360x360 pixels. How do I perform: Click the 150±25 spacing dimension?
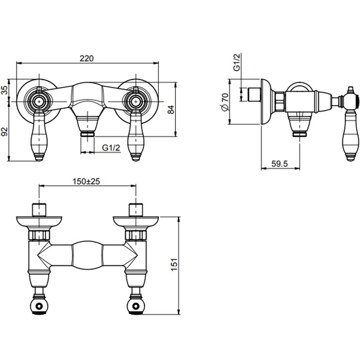coord(87,181)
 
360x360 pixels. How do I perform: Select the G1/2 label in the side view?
coord(236,64)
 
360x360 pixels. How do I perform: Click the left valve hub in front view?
coord(40,101)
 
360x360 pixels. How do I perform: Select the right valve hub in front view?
coord(134,101)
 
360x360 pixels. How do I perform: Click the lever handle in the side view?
coord(350,135)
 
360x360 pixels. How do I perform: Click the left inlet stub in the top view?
coord(39,210)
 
